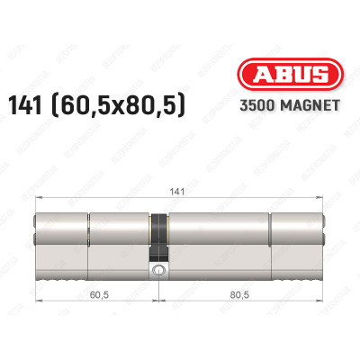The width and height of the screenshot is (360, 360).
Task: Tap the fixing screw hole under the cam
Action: pos(159,270)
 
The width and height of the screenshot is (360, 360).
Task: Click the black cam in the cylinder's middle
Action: pos(159,234)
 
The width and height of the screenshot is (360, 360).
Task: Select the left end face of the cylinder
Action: pos(37,237)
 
